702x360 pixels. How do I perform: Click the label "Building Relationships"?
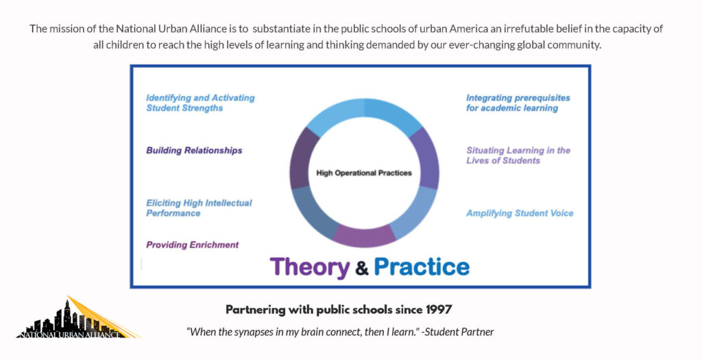pyautogui.click(x=194, y=150)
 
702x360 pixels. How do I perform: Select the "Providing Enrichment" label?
pyautogui.click(x=192, y=245)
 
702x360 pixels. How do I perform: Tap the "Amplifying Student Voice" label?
pyautogui.click(x=520, y=213)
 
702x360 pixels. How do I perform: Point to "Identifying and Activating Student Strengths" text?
pyautogui.click(x=200, y=103)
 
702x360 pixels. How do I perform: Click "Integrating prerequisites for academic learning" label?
pyautogui.click(x=518, y=103)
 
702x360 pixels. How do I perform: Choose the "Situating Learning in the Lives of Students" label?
pyautogui.click(x=518, y=156)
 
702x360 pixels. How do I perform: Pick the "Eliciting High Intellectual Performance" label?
pyautogui.click(x=199, y=208)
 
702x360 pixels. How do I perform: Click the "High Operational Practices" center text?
pyautogui.click(x=364, y=173)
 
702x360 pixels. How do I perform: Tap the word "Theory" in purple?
pyautogui.click(x=309, y=267)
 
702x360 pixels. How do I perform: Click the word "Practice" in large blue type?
pyautogui.click(x=422, y=267)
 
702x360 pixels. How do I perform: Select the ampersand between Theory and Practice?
pyautogui.click(x=362, y=268)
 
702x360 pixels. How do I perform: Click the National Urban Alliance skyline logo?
pyautogui.click(x=77, y=317)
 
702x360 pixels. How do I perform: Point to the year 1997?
pyautogui.click(x=439, y=309)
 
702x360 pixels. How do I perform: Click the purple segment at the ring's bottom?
pyautogui.click(x=365, y=237)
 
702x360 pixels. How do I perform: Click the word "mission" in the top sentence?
pyautogui.click(x=64, y=29)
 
